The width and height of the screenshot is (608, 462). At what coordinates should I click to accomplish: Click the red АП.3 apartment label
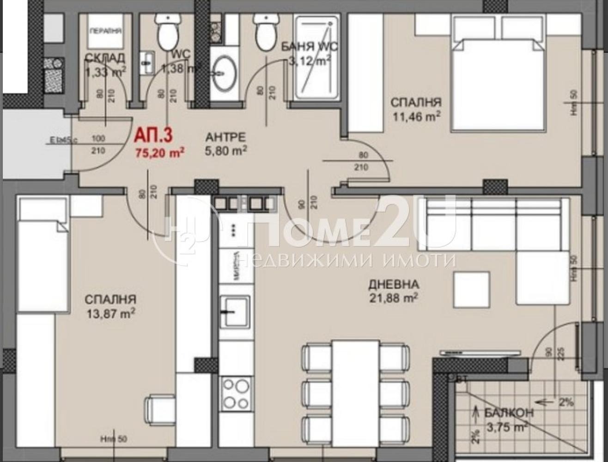[153, 136]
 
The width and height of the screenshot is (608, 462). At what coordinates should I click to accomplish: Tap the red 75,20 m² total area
[160, 152]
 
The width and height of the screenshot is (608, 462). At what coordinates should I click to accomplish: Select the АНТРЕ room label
[225, 137]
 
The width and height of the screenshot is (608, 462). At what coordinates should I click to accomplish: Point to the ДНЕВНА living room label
[394, 284]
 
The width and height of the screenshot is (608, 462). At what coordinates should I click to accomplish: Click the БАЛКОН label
[509, 413]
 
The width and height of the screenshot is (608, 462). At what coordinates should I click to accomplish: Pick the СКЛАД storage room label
[105, 58]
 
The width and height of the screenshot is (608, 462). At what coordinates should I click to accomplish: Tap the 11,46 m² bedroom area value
[415, 116]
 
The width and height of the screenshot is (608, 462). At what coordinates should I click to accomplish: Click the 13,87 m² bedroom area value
[110, 314]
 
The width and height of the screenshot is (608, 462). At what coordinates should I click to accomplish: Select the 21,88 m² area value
[394, 298]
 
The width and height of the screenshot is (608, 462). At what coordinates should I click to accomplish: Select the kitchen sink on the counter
[235, 311]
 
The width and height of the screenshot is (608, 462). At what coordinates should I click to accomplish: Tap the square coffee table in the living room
[471, 290]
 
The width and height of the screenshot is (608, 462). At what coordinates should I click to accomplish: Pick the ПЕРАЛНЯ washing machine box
[105, 31]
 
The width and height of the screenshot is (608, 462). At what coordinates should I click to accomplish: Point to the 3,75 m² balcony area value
[507, 428]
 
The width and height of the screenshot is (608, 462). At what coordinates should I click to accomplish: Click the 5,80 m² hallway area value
[225, 151]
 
